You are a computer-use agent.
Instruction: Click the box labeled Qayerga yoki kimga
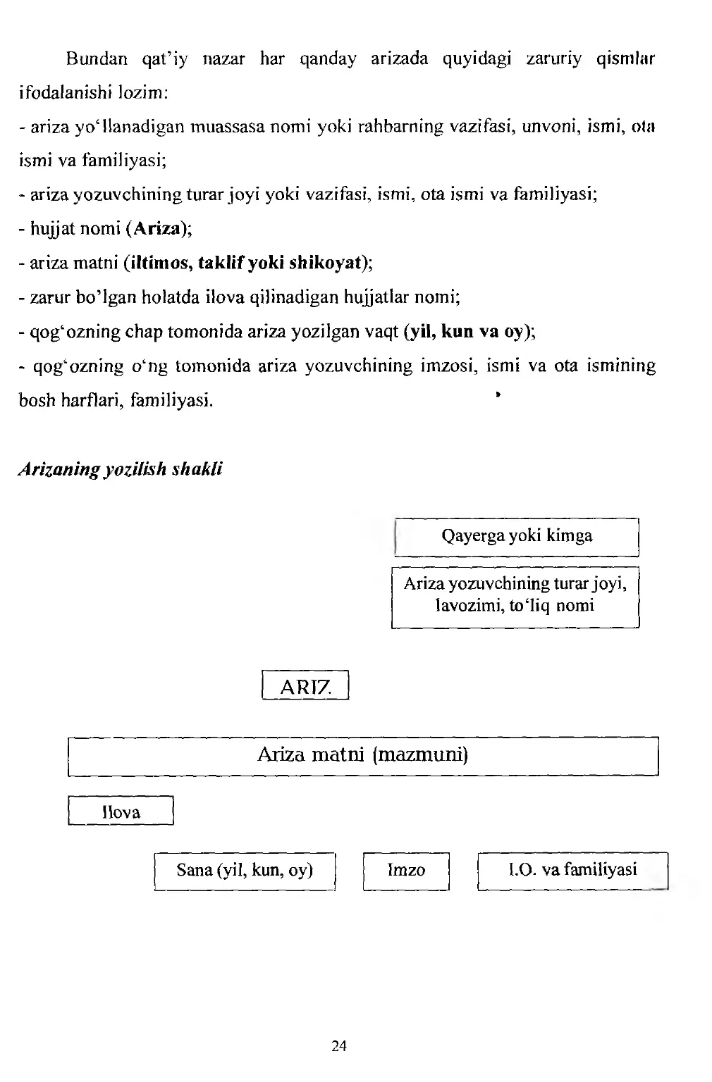point(516,536)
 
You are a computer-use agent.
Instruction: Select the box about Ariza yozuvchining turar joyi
point(515,595)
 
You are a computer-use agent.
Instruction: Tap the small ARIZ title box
point(305,686)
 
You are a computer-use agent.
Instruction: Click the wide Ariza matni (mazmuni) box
point(362,756)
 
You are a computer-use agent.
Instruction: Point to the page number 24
point(339,1046)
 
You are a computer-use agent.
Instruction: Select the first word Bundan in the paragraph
point(97,58)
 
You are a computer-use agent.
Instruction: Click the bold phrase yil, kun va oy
point(466,332)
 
